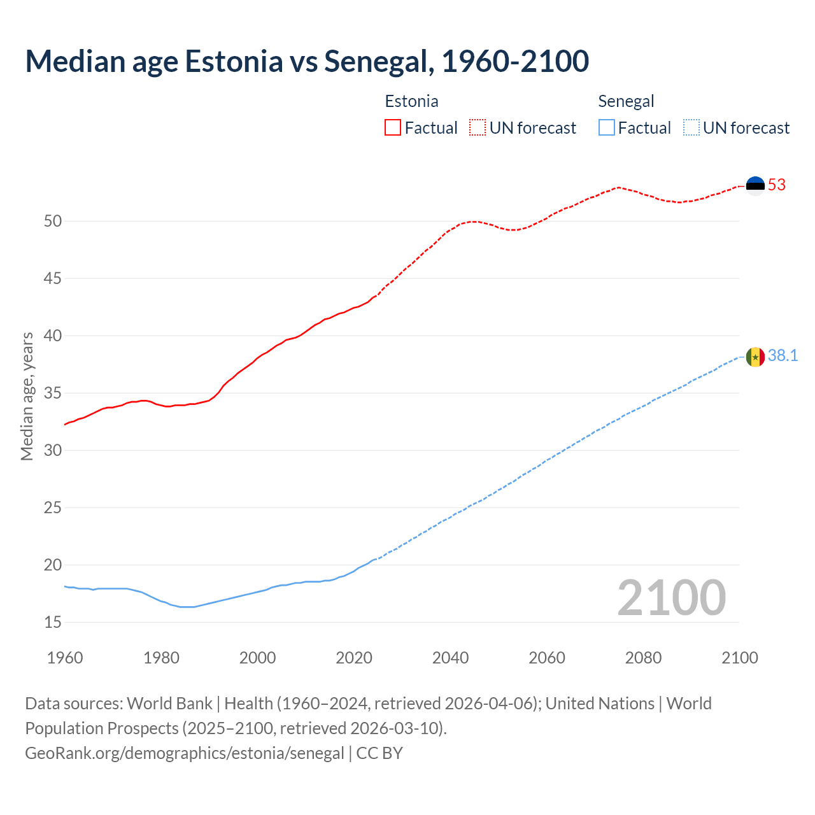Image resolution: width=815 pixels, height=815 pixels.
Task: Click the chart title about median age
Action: coord(307,61)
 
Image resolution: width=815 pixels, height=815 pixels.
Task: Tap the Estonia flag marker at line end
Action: coord(755,185)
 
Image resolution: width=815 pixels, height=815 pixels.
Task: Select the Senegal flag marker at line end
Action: coord(755,357)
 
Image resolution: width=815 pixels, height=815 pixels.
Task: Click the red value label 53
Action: coord(777,185)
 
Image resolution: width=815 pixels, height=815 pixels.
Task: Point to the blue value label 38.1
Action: coord(783,356)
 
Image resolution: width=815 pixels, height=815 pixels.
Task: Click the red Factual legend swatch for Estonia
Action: coord(393,128)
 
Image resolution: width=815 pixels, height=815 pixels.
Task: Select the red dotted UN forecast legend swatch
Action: coord(478,128)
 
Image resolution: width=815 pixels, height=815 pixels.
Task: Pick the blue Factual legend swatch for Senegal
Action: coord(607,128)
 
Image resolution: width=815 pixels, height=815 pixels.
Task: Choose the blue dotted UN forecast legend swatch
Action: coord(691,128)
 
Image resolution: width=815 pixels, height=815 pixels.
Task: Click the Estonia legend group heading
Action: coord(411,101)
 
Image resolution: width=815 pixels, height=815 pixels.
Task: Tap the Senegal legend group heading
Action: coord(626,101)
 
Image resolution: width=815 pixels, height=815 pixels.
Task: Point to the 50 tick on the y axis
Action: coord(53,222)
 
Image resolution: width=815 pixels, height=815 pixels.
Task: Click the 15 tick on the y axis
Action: coord(53,622)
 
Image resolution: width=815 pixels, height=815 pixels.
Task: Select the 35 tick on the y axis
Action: coord(53,393)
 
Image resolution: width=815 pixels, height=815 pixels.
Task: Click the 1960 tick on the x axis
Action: coord(65,658)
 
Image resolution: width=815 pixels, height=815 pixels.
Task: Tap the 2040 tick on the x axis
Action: coord(450,658)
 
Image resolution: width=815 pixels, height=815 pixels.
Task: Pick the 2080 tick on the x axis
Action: coord(643,658)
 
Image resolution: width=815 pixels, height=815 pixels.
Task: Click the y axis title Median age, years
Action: coord(27,396)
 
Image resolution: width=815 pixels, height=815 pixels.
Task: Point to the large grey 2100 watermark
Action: coord(671,597)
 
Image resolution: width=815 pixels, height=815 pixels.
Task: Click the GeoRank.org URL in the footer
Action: coord(185,753)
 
